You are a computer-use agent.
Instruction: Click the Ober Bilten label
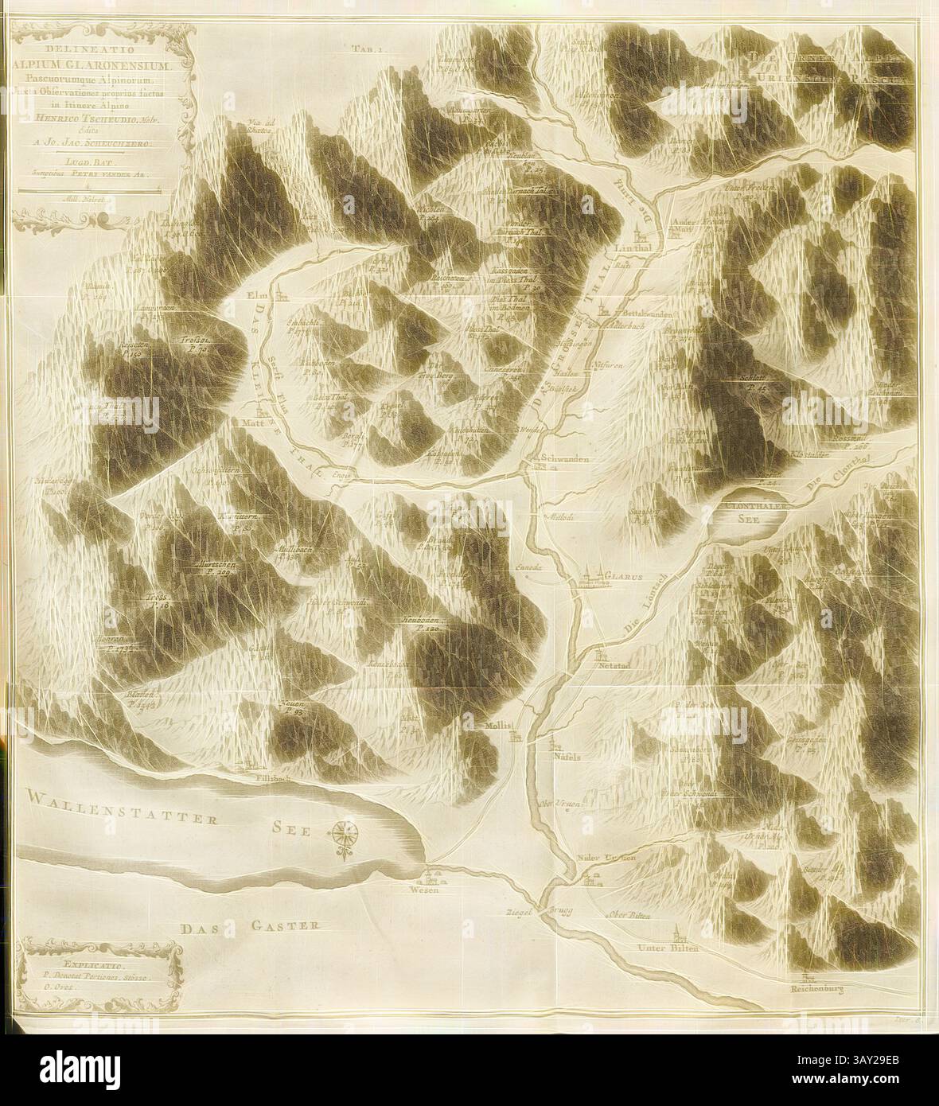pos(629,917)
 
